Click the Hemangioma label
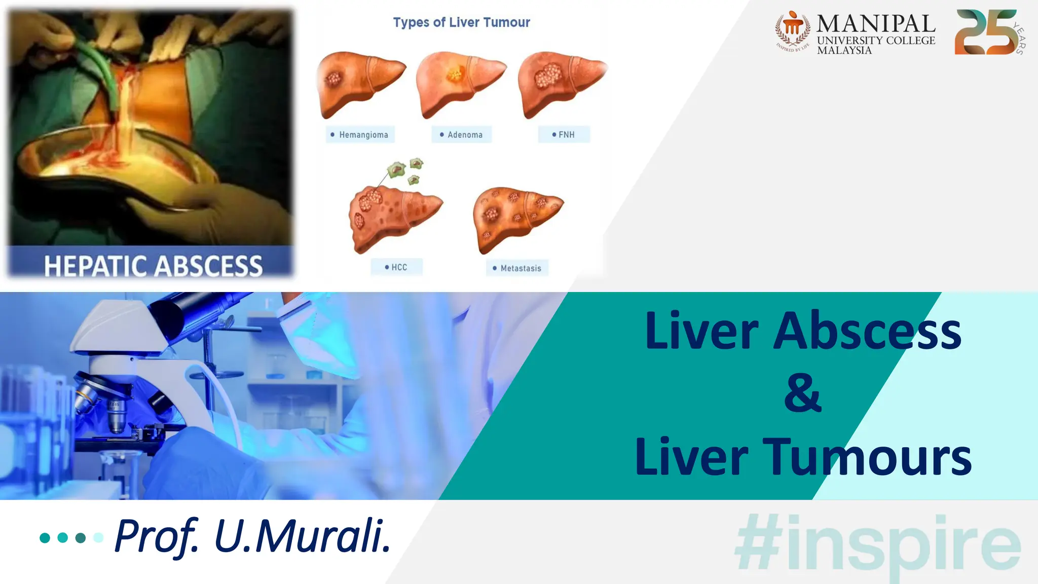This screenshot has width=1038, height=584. tap(360, 135)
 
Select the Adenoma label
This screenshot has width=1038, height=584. tap(462, 135)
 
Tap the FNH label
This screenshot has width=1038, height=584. tap(564, 135)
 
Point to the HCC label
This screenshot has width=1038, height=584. tap(396, 267)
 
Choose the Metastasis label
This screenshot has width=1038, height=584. tap(517, 268)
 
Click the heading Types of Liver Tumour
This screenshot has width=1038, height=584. tap(461, 22)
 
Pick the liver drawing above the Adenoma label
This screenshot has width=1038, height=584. tap(460, 84)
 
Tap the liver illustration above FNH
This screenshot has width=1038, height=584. tap(561, 84)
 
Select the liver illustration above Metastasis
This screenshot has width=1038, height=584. tap(516, 218)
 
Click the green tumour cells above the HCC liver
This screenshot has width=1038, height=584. tap(406, 170)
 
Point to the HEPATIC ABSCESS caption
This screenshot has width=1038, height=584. tap(153, 266)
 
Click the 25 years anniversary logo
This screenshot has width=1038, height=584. tap(989, 32)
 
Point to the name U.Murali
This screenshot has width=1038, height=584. tap(303, 536)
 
